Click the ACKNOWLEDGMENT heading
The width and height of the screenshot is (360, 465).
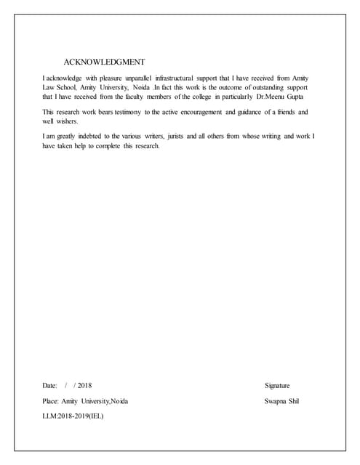point(104,62)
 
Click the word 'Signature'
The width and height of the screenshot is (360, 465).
point(278,385)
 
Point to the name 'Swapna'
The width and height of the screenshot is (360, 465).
point(275,401)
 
